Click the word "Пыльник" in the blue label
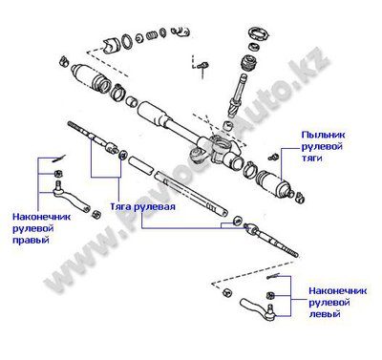(323, 135)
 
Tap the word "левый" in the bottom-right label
(325, 314)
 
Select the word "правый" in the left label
(31, 240)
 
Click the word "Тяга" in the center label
(120, 206)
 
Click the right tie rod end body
(72, 198)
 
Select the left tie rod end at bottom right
(258, 308)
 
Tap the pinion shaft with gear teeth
(238, 95)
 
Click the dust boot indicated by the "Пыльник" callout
(274, 185)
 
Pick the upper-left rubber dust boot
(91, 78)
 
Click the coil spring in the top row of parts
(152, 35)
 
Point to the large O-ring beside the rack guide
(127, 42)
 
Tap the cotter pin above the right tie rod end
(59, 159)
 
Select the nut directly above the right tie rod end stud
(58, 174)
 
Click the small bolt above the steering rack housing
(202, 68)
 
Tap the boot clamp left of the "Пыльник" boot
(249, 169)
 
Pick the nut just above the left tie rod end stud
(269, 295)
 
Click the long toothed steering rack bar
(191, 194)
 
